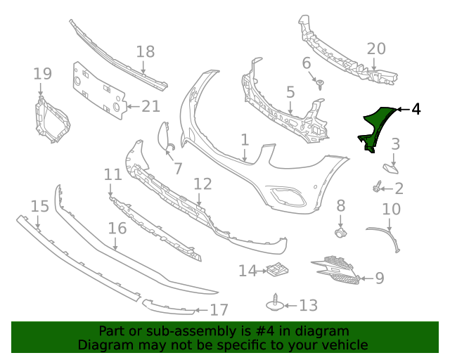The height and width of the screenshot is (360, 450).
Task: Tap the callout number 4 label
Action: [416, 109]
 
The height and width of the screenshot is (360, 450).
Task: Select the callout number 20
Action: [376, 49]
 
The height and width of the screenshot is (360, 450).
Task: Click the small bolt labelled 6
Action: [321, 85]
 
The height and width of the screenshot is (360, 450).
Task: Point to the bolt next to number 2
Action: [378, 188]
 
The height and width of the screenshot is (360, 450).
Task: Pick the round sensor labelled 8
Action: [340, 231]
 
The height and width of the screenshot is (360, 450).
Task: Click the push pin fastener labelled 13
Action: [274, 304]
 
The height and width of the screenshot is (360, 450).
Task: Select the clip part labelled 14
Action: [276, 269]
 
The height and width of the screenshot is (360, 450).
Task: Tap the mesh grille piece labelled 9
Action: [337, 270]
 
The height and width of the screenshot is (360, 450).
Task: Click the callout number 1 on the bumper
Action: [245, 140]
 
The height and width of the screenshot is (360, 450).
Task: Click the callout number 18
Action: [145, 51]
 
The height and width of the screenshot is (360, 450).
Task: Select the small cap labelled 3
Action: [390, 167]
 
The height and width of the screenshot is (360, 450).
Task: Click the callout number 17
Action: [219, 309]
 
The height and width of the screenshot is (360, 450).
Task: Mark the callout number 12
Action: [202, 184]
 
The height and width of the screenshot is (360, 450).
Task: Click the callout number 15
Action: [40, 206]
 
